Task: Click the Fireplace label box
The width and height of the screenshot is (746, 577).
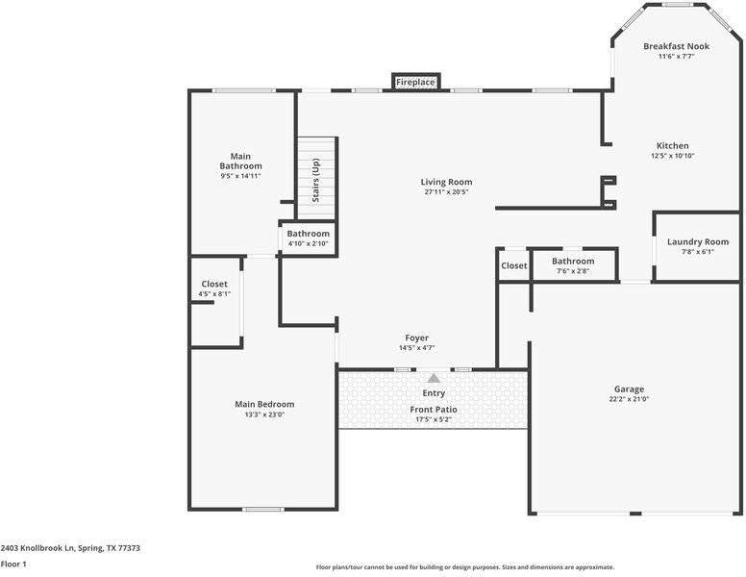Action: tap(415, 82)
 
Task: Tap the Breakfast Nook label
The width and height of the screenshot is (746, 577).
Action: tap(676, 46)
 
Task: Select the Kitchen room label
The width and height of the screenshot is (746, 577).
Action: tap(672, 146)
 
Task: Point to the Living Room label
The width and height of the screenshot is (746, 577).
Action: tap(446, 182)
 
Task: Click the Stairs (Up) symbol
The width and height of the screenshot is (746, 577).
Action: tap(316, 179)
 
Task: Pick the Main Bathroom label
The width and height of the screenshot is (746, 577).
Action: tap(240, 161)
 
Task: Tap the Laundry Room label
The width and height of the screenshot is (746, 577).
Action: tap(698, 242)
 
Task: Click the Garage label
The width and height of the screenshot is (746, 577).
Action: tap(629, 389)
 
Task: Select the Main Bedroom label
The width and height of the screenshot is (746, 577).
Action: tap(264, 404)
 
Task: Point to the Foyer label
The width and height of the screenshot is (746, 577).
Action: tap(416, 338)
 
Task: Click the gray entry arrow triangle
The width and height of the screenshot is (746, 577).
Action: tap(434, 378)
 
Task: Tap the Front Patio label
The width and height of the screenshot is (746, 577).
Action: tap(434, 410)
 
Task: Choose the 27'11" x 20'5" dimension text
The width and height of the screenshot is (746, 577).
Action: tap(446, 191)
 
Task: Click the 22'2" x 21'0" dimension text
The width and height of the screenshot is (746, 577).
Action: tap(629, 399)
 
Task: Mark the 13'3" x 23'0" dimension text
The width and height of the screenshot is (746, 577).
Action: tap(264, 414)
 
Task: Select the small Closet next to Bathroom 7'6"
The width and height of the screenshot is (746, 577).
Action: tap(513, 265)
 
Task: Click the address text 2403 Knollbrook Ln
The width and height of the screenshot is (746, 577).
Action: tap(70, 548)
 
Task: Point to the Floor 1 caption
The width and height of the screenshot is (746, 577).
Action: tap(13, 564)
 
